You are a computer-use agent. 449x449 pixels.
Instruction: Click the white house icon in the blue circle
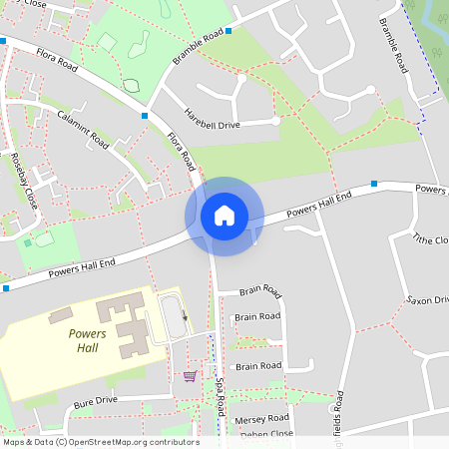tap(224, 216)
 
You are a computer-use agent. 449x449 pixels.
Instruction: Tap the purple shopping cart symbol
tap(190, 376)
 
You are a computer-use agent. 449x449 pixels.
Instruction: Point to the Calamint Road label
tap(82, 127)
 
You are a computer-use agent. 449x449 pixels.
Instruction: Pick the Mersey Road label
tap(261, 418)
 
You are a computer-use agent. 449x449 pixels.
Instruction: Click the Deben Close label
tap(264, 434)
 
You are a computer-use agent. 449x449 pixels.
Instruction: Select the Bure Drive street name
tap(95, 401)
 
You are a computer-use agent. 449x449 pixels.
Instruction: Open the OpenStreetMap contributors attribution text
tap(100, 442)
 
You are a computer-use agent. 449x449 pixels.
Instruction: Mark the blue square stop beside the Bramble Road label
tap(228, 31)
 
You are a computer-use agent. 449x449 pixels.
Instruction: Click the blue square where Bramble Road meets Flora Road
tap(146, 117)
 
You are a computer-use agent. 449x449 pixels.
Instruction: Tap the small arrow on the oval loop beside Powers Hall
tap(185, 316)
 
